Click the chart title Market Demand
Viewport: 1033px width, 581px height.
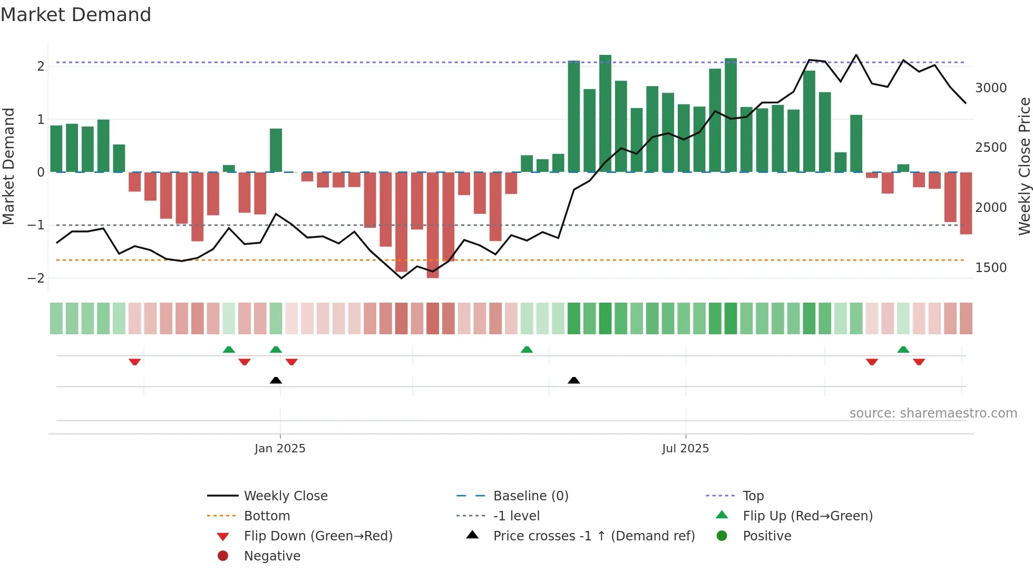click(76, 15)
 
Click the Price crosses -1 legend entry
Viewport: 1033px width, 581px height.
click(593, 536)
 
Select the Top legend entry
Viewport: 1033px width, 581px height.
click(753, 496)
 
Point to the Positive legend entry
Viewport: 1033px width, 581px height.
click(767, 536)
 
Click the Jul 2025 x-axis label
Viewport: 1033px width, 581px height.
click(685, 448)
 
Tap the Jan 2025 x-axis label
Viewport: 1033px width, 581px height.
click(279, 448)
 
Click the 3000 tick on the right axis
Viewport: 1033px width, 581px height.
click(990, 88)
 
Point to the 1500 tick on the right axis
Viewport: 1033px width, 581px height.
click(990, 268)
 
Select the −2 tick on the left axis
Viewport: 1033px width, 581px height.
click(36, 278)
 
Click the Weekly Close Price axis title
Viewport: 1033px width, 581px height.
click(1024, 166)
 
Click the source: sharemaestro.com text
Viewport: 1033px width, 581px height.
click(933, 413)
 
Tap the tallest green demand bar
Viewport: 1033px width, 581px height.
click(605, 113)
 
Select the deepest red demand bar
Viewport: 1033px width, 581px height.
click(433, 225)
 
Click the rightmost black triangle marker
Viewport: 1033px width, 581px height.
click(574, 380)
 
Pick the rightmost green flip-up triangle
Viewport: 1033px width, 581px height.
click(903, 350)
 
